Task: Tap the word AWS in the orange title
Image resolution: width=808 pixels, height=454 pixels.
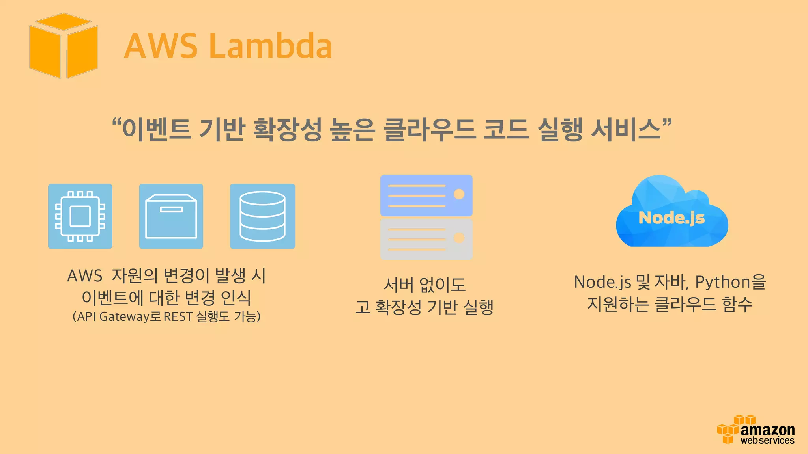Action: coord(161,46)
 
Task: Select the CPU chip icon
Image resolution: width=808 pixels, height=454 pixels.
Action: coord(80,216)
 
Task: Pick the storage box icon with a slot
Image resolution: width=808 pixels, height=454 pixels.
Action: coord(171,216)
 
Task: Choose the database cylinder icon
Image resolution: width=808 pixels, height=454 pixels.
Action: coord(262,216)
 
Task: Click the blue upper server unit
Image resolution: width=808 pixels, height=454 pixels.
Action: coord(426,195)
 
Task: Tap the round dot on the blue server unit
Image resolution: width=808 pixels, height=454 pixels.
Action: coord(459,194)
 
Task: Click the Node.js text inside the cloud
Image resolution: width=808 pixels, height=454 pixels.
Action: coord(671,218)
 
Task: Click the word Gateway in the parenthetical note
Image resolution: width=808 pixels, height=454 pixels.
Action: coord(126,316)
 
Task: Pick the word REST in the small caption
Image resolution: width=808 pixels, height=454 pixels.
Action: coord(178,316)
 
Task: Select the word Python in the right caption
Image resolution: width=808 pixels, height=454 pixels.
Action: coord(722,282)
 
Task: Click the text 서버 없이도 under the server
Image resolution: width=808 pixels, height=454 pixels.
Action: coord(425,285)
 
